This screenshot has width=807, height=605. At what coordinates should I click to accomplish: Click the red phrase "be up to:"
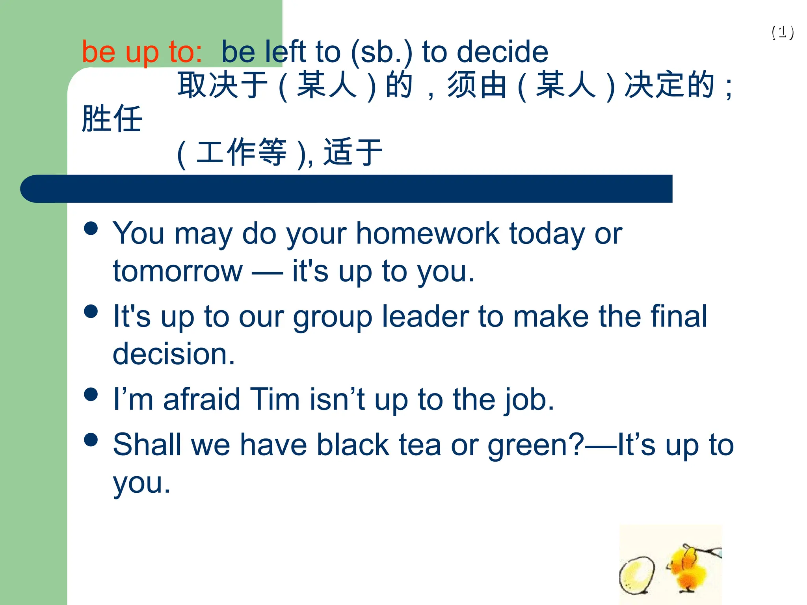tap(142, 52)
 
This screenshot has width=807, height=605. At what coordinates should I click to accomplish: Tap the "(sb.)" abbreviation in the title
tap(381, 52)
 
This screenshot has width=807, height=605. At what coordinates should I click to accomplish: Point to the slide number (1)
tap(783, 32)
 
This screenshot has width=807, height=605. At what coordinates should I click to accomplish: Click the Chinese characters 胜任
tap(112, 119)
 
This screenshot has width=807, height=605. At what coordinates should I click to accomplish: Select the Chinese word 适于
tap(353, 152)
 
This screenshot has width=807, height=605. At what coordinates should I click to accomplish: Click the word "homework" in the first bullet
tap(428, 234)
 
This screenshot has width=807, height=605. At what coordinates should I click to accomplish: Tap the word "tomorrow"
tap(178, 271)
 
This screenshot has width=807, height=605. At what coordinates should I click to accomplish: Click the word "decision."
tap(174, 354)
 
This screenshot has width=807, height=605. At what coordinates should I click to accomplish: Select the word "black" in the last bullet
tap(353, 445)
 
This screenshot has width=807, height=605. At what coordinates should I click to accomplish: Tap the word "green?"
tap(536, 445)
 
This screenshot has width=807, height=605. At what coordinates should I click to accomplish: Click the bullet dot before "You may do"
tap(91, 228)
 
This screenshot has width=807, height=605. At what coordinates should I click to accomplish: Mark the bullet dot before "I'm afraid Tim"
tap(91, 394)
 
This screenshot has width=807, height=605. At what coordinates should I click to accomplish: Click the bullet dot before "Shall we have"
tap(91, 440)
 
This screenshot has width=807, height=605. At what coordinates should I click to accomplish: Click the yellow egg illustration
tap(637, 574)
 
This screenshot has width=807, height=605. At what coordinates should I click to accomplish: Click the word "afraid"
tap(201, 399)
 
